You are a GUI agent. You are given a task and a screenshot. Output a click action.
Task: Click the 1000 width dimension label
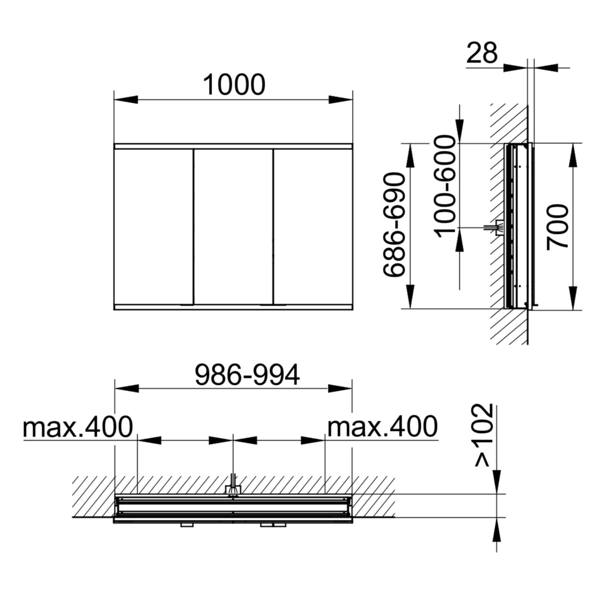pyautogui.click(x=234, y=85)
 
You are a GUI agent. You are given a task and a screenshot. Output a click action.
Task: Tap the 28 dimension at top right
pyautogui.click(x=481, y=53)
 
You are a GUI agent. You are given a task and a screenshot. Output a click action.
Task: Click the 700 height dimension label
pyautogui.click(x=557, y=227)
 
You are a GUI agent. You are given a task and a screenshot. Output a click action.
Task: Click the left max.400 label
pyautogui.click(x=78, y=426)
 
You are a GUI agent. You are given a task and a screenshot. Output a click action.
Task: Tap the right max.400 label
pyautogui.click(x=383, y=426)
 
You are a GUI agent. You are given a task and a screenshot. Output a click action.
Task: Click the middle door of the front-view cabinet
pyautogui.click(x=233, y=227)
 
